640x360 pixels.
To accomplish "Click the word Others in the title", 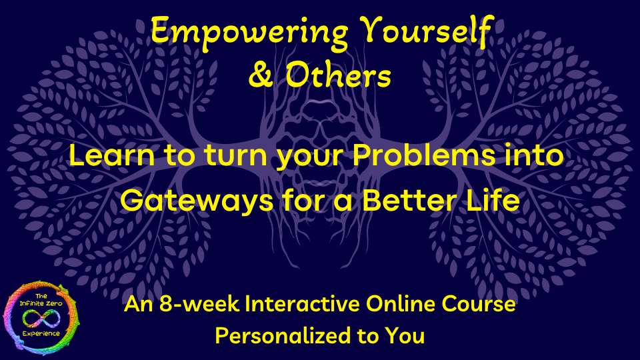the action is pyautogui.click(x=338, y=75).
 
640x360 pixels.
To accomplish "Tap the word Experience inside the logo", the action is pyautogui.click(x=41, y=334).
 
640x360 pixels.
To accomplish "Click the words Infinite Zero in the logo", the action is pyautogui.click(x=41, y=303).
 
